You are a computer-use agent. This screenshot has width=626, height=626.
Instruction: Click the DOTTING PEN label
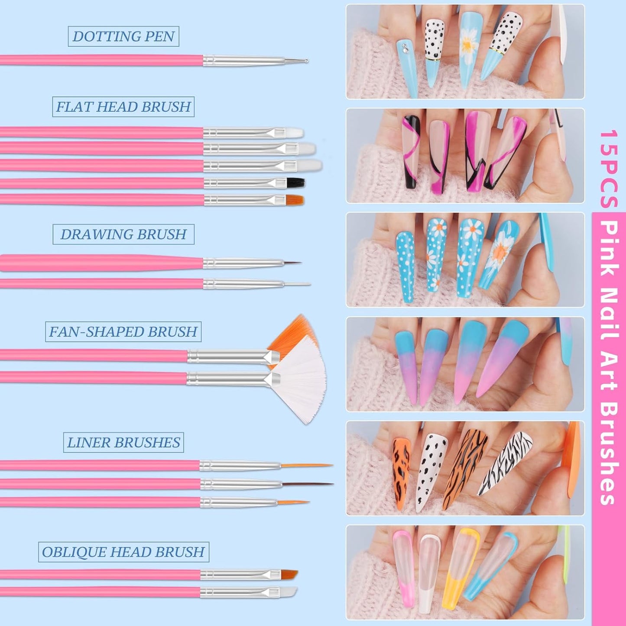[x=123, y=36]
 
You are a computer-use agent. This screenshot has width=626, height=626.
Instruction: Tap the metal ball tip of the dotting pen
[x=306, y=61]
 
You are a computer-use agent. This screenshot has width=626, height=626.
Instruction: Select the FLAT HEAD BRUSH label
[x=123, y=107]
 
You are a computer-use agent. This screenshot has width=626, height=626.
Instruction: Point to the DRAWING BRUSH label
[x=123, y=234]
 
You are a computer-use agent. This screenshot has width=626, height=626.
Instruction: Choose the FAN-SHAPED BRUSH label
[x=123, y=332]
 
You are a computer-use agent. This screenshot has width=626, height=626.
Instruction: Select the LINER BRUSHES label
[x=123, y=442]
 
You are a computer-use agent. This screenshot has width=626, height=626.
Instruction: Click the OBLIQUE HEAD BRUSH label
[x=123, y=552]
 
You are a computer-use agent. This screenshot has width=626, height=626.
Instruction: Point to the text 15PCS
[x=609, y=169]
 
